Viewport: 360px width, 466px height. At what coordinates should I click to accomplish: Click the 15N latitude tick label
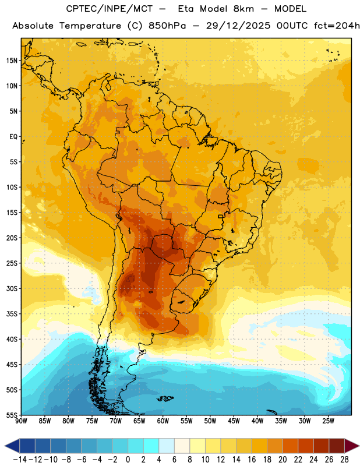pyautogui.click(x=12, y=61)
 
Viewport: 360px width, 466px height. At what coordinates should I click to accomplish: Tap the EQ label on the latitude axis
pyautogui.click(x=13, y=137)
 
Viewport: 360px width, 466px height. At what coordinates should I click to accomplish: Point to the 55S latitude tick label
pyautogui.click(x=12, y=415)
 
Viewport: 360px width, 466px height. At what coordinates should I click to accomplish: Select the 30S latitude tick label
pyautogui.click(x=12, y=288)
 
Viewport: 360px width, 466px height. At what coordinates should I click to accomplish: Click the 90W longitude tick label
pyautogui.click(x=22, y=421)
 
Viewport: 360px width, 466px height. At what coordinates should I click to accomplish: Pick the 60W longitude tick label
pyautogui.click(x=163, y=421)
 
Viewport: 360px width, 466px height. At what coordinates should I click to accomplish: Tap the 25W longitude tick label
pyautogui.click(x=328, y=421)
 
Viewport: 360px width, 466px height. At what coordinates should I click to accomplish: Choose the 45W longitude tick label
pyautogui.click(x=234, y=421)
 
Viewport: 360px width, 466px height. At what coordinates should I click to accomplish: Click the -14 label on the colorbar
pyautogui.click(x=20, y=460)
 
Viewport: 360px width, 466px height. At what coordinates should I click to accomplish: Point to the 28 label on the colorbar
pyautogui.click(x=344, y=460)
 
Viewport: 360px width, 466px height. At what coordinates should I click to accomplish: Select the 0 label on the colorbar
pyautogui.click(x=128, y=460)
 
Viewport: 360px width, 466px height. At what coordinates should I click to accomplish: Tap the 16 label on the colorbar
pyautogui.click(x=252, y=460)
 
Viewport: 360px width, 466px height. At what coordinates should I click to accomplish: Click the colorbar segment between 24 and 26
pyautogui.click(x=321, y=446)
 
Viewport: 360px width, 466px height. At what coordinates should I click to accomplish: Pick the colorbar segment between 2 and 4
pyautogui.click(x=151, y=446)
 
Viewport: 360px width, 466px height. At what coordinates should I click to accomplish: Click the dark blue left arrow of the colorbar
pyautogui.click(x=12, y=446)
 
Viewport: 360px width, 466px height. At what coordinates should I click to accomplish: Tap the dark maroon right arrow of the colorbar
pyautogui.click(x=352, y=446)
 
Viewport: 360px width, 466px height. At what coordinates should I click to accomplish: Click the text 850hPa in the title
pyautogui.click(x=167, y=26)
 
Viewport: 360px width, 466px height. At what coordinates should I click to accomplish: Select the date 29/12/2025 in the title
pyautogui.click(x=238, y=26)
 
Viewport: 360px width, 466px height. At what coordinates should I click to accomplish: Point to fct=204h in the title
pyautogui.click(x=337, y=26)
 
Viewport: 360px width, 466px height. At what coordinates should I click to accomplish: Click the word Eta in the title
pyautogui.click(x=186, y=9)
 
